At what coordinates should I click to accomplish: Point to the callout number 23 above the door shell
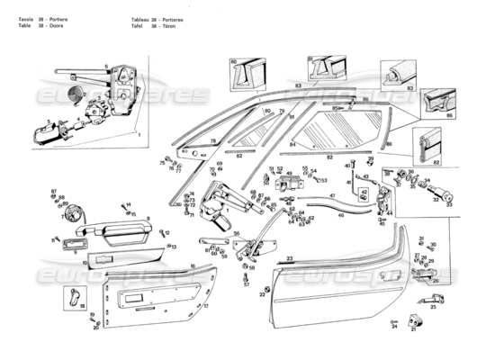289,258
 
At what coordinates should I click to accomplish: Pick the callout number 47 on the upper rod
331,195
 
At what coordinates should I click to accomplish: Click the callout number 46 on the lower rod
339,216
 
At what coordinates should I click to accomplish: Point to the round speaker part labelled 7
69,217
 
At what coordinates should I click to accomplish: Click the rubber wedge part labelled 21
413,319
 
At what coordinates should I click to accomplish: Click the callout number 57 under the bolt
246,284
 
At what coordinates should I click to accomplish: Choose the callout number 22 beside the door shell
263,294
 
